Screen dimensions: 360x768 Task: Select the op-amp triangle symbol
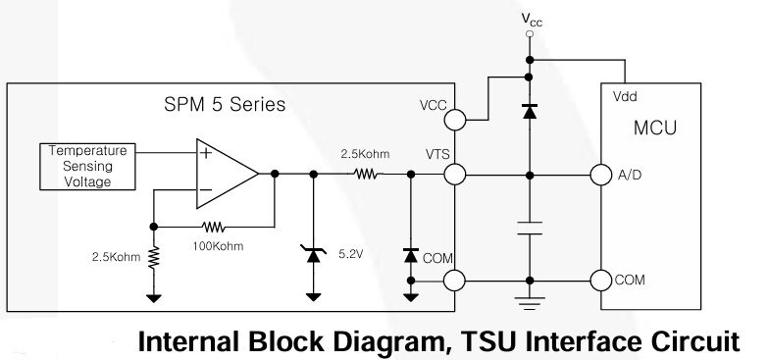[226, 174]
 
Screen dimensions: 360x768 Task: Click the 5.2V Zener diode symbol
[314, 255]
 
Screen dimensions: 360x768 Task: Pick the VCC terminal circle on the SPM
[454, 120]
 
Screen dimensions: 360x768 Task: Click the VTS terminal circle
[454, 175]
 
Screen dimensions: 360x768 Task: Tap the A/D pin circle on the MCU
[600, 175]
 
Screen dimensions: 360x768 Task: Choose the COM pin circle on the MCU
[600, 280]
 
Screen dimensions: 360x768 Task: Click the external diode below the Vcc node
[530, 111]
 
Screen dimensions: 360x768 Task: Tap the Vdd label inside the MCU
[624, 98]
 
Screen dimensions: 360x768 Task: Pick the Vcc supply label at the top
[530, 19]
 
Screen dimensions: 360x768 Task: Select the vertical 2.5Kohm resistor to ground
[154, 257]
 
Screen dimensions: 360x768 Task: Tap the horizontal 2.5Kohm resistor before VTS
[366, 174]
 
